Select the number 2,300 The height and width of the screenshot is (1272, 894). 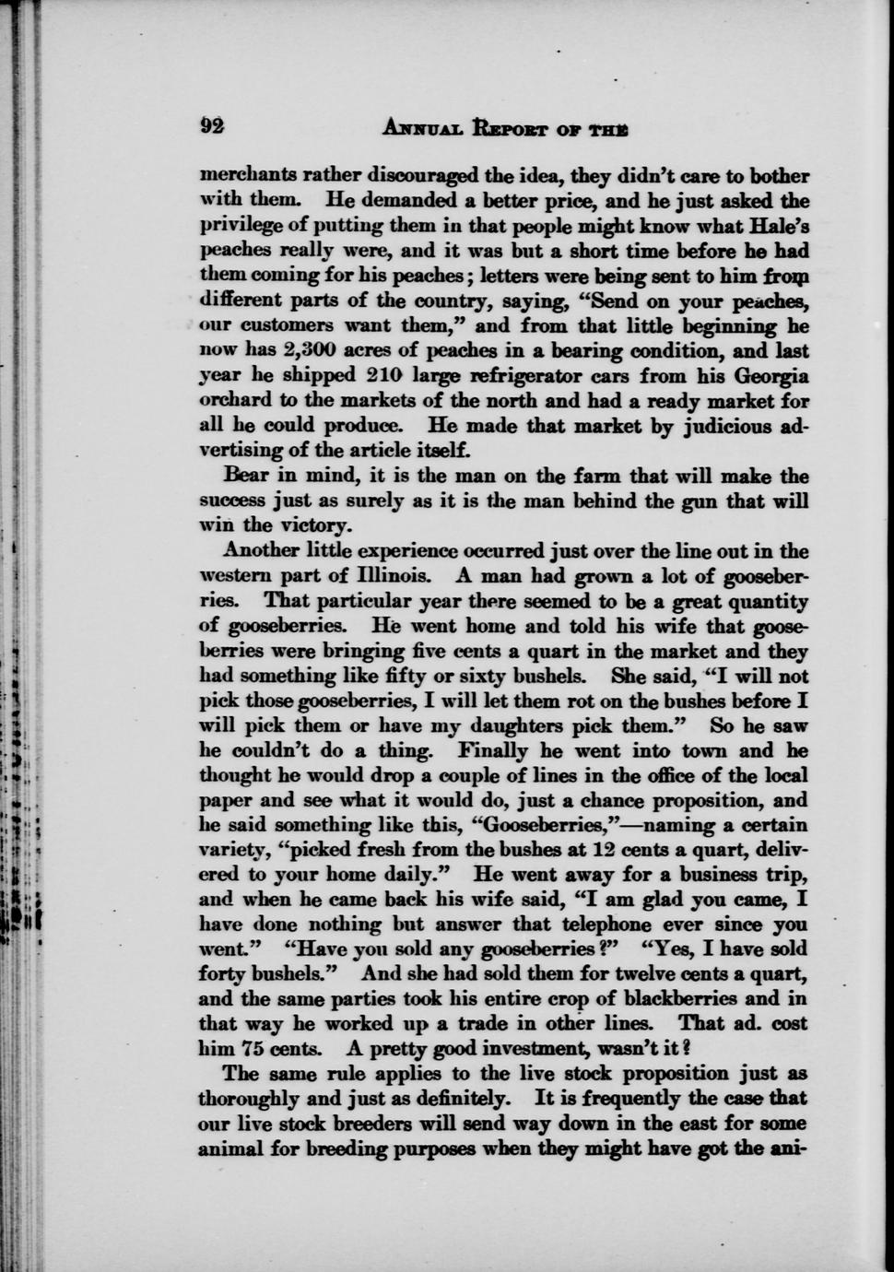click(287, 351)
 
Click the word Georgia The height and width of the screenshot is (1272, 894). click(770, 376)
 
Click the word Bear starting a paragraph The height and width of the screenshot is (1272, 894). click(245, 477)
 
